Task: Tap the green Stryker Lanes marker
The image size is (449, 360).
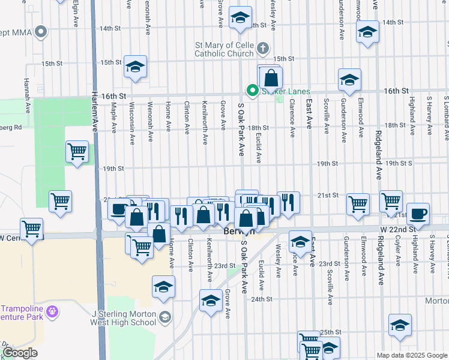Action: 253,91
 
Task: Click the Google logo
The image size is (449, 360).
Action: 20,353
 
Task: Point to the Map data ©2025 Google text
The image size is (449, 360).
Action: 412,355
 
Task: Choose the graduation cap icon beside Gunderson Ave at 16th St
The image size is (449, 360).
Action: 349,79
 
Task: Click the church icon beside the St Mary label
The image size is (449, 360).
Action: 262,47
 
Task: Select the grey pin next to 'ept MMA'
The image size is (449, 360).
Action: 41,31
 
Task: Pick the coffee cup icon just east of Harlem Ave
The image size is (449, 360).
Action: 118,209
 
